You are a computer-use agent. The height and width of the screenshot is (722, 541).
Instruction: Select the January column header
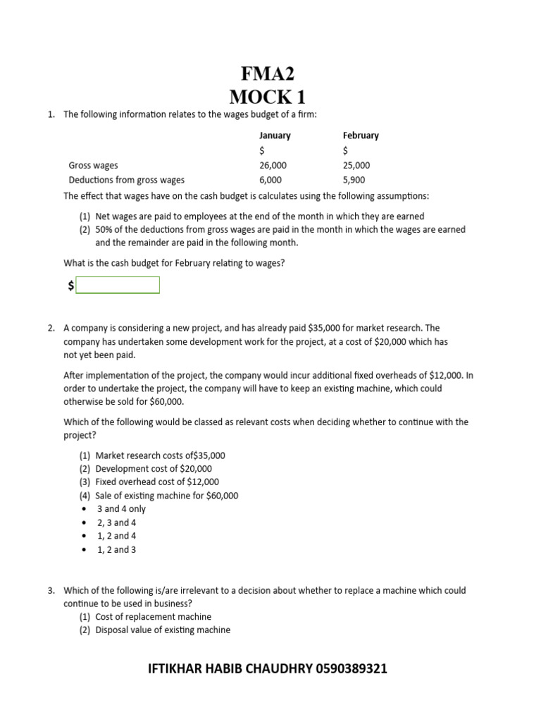[x=275, y=135]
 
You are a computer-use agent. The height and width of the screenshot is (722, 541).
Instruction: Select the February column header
[x=361, y=135]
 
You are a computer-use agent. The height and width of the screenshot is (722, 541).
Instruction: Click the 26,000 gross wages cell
[x=273, y=165]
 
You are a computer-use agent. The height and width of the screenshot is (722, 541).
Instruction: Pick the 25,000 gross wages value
[x=356, y=165]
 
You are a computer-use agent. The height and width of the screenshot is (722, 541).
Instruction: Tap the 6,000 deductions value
[x=271, y=180]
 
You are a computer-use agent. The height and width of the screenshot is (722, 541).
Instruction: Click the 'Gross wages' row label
[x=93, y=165]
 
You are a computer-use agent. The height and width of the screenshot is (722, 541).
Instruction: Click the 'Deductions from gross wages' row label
[x=126, y=180]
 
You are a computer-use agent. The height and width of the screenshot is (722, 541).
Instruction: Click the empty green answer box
[x=118, y=285]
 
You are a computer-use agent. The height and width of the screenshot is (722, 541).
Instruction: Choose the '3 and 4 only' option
[x=121, y=509]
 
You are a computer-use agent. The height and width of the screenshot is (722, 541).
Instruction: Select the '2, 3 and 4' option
[x=116, y=522]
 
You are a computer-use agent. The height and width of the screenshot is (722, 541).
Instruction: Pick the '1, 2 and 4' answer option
[x=116, y=536]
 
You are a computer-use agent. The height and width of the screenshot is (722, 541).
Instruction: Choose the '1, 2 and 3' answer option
[x=116, y=549]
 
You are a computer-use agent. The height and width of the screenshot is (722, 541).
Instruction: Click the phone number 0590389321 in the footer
[x=352, y=668]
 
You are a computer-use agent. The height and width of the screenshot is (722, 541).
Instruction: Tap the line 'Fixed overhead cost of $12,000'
[x=157, y=482]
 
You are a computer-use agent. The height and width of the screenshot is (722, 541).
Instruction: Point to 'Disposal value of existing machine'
[x=163, y=630]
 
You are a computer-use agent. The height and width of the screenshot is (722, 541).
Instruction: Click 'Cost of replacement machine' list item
[x=153, y=617]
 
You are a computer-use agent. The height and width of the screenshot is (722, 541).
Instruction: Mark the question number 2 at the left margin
[x=51, y=329]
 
